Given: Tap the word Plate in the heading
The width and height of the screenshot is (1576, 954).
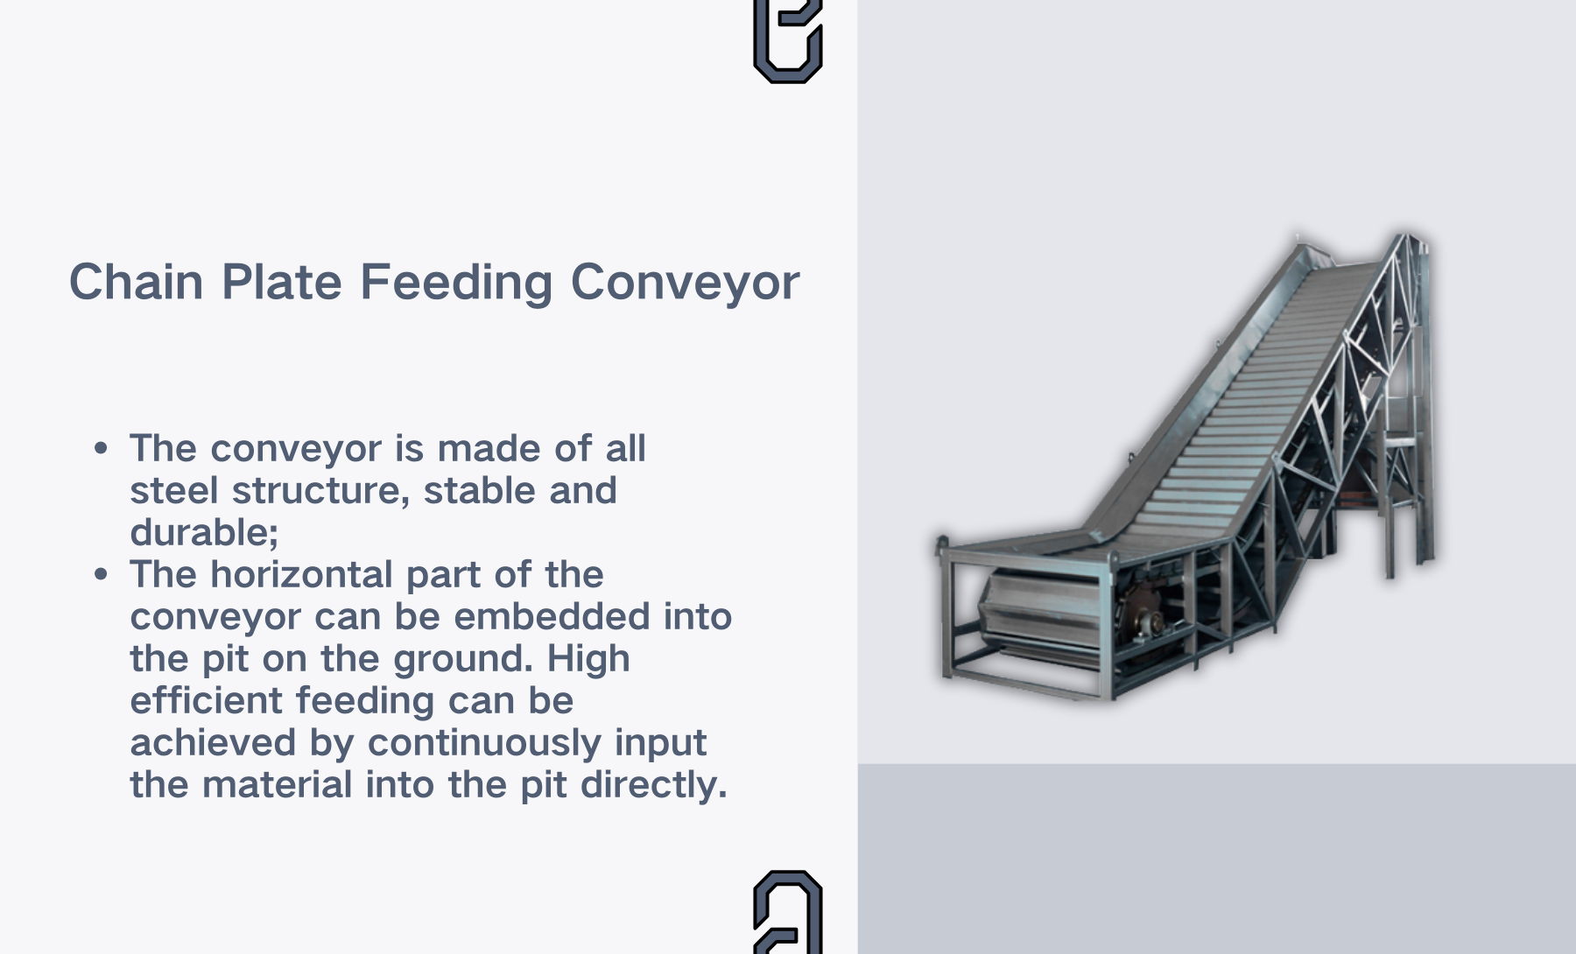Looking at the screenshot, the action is tap(281, 282).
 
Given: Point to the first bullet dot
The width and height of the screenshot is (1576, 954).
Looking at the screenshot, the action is tap(102, 449).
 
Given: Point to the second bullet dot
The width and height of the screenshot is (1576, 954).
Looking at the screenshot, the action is tap(102, 575).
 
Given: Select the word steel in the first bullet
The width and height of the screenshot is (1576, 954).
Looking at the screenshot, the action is tap(174, 490).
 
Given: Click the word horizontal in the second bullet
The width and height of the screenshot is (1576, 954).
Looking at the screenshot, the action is tap(302, 574).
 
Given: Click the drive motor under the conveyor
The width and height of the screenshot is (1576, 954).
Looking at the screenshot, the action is tap(1143, 614).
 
